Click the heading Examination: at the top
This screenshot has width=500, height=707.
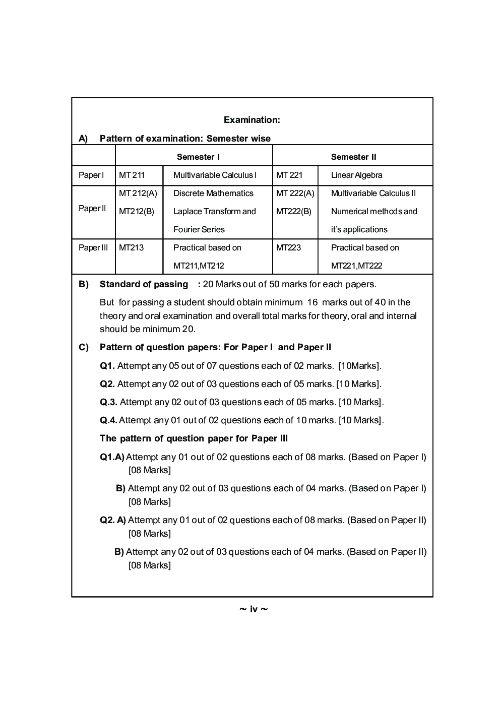pyautogui.click(x=252, y=120)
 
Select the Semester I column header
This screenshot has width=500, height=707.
pyautogui.click(x=198, y=157)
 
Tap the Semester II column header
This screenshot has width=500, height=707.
pyautogui.click(x=353, y=157)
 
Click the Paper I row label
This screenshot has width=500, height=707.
pyautogui.click(x=91, y=175)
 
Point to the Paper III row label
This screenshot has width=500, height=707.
pyautogui.click(x=93, y=248)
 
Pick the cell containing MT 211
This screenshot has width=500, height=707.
pyautogui.click(x=132, y=175)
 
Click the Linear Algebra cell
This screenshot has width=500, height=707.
pyautogui.click(x=356, y=175)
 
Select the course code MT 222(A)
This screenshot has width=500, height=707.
pyautogui.click(x=295, y=194)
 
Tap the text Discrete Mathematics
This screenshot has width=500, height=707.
pyautogui.click(x=213, y=194)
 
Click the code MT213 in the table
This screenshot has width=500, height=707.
pyautogui.click(x=131, y=248)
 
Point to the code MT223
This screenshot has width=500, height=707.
pyautogui.click(x=288, y=248)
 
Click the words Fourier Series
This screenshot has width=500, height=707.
pyautogui.click(x=199, y=230)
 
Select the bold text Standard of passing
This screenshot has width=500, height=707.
pyautogui.click(x=144, y=284)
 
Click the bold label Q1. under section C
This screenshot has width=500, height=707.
pyautogui.click(x=107, y=366)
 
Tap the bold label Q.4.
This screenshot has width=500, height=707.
pyautogui.click(x=108, y=420)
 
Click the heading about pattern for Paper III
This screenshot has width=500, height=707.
pyautogui.click(x=194, y=438)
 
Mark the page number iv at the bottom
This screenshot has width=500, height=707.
pyautogui.click(x=254, y=610)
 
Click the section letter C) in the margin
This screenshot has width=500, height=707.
pyautogui.click(x=83, y=347)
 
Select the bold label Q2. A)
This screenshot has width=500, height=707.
pyautogui.click(x=113, y=520)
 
